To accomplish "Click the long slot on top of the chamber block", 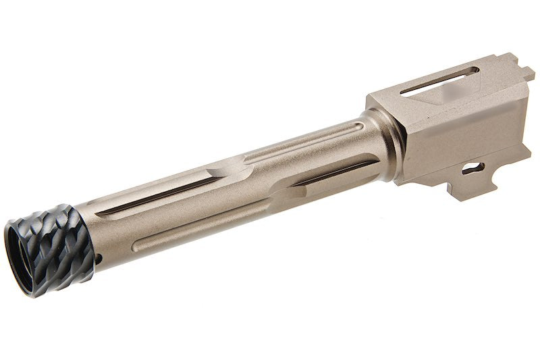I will click(439, 80).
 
